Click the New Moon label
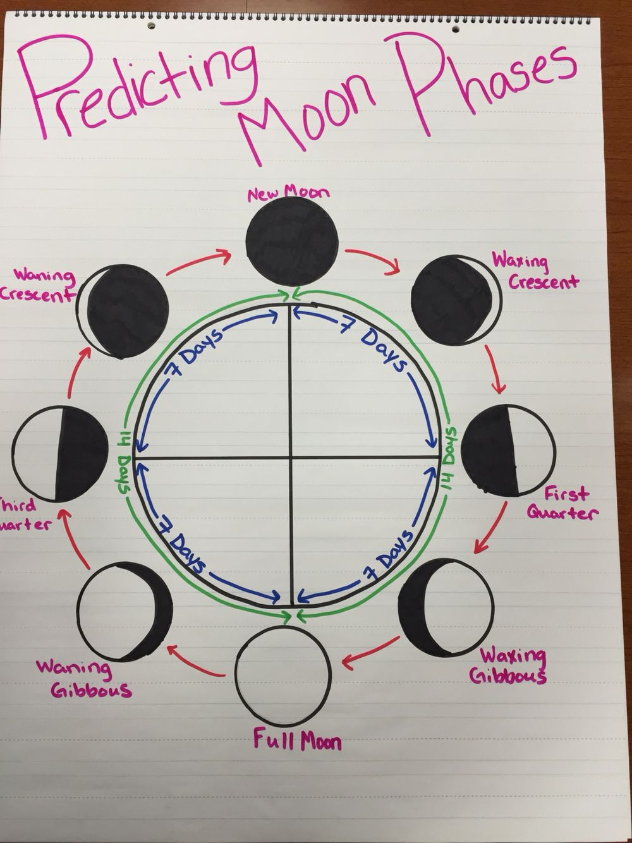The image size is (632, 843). point(289,192)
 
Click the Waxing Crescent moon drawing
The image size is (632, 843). point(456,301)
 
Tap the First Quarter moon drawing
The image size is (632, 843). point(508,449)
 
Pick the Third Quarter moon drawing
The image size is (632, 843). point(60,454)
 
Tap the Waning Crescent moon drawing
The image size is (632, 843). point(122,312)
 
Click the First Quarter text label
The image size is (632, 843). point(562,503)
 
